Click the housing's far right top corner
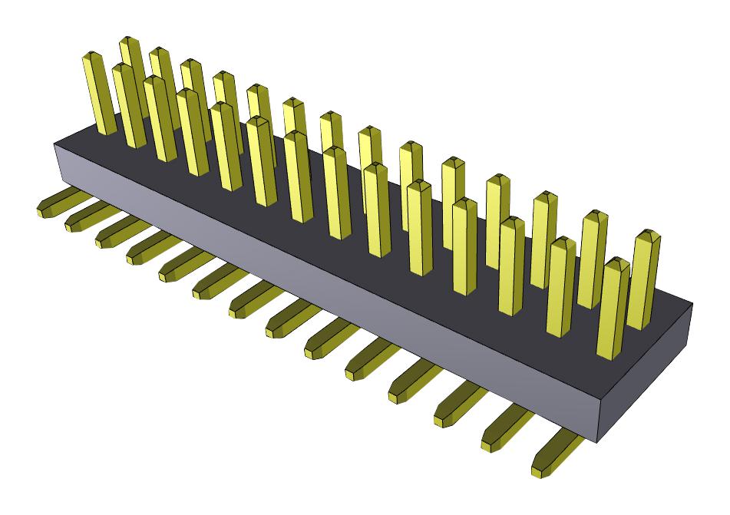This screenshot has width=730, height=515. point(692,302)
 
